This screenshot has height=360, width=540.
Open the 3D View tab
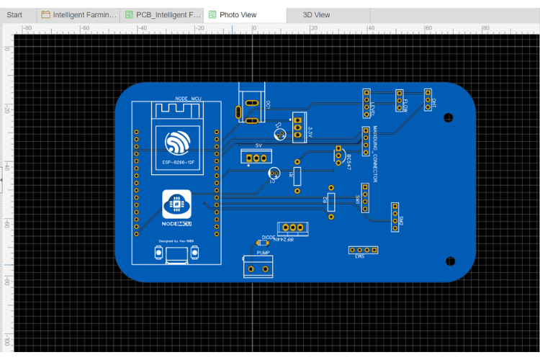(x=316, y=14)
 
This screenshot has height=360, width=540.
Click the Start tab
(x=14, y=14)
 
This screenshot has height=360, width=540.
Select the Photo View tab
(x=238, y=14)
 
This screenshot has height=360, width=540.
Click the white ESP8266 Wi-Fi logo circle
(x=176, y=143)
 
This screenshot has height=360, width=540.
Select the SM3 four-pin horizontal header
(x=364, y=250)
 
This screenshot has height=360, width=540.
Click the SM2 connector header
(x=395, y=217)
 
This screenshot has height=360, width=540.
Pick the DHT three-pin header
(x=427, y=102)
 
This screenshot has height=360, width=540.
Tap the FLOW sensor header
(x=399, y=102)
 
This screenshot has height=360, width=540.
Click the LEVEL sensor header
(x=366, y=103)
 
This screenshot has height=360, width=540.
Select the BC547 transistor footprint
(x=338, y=155)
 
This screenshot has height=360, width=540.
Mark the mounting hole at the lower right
(x=451, y=261)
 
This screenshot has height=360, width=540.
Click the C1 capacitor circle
(x=274, y=174)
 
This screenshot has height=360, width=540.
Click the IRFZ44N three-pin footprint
(x=292, y=228)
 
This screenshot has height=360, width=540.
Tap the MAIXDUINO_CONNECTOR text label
(x=375, y=155)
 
